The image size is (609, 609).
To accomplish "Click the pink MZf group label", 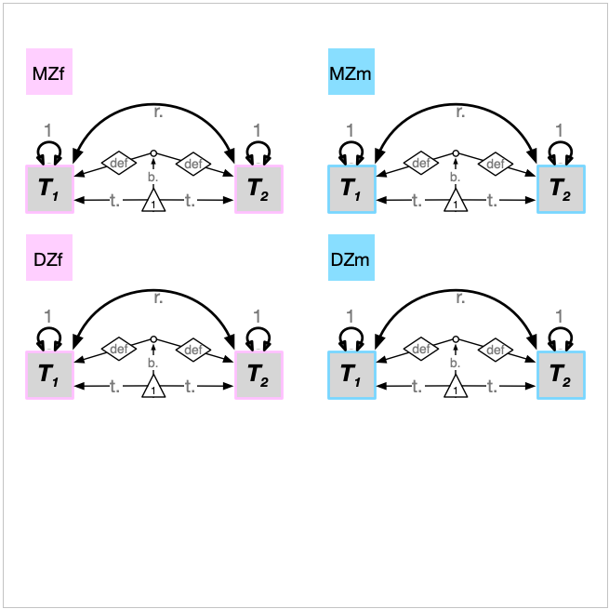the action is (x=48, y=73).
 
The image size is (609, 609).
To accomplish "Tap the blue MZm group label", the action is (x=351, y=73).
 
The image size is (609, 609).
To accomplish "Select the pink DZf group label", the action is (x=48, y=259).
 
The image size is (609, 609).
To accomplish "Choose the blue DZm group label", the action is (x=351, y=259).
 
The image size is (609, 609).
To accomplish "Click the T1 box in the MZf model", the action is (x=49, y=189).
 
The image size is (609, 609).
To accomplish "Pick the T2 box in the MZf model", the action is (x=258, y=189).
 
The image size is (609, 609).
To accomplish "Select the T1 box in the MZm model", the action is (x=351, y=189).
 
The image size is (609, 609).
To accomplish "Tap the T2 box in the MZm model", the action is (x=561, y=189).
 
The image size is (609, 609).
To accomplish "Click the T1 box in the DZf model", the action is (x=49, y=376).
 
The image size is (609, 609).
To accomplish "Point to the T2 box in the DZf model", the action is (x=258, y=376).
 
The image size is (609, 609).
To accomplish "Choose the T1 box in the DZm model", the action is (x=351, y=376).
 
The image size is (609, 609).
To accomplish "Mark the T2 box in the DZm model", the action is (x=561, y=376).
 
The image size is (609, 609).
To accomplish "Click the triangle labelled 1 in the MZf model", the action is (x=153, y=201).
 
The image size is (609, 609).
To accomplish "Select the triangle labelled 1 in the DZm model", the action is (x=456, y=388).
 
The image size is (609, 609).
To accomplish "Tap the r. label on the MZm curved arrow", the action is (x=460, y=113).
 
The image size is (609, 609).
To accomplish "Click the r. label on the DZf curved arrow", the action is (x=158, y=299).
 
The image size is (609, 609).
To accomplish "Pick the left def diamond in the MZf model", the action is (x=117, y=164).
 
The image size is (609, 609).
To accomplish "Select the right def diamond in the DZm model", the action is (x=495, y=350).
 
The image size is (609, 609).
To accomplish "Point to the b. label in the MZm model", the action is (x=455, y=176).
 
